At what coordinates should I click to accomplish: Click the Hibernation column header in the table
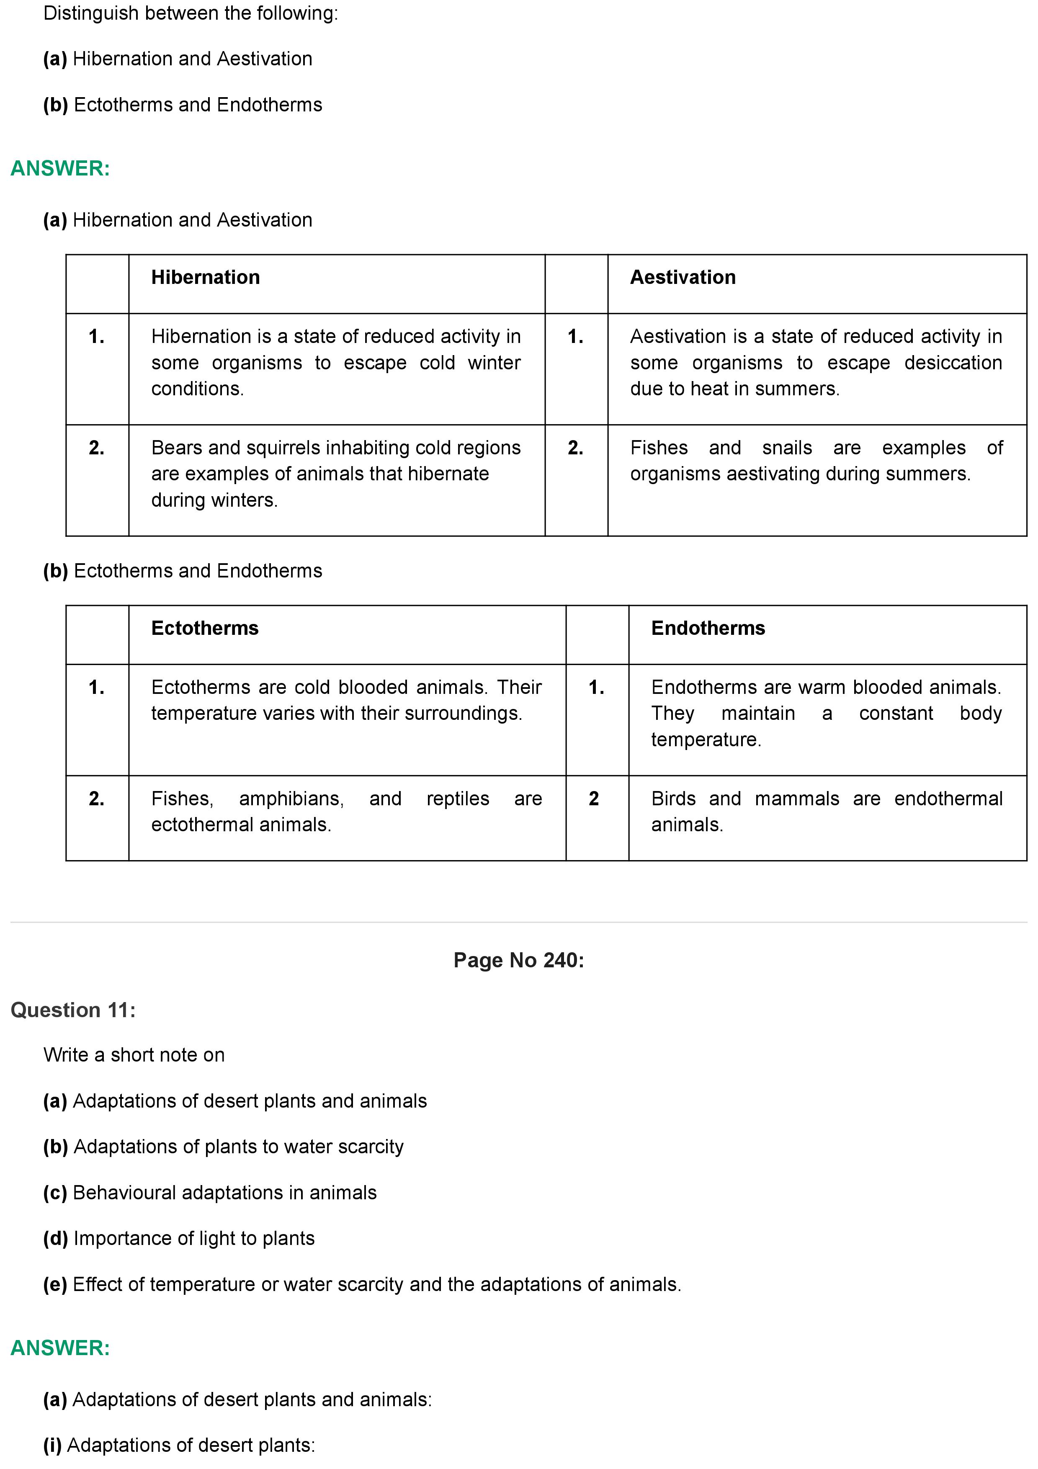click(x=205, y=278)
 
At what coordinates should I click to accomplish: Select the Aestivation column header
click(x=683, y=278)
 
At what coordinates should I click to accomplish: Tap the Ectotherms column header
click(x=205, y=628)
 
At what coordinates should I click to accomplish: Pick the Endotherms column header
click(x=708, y=628)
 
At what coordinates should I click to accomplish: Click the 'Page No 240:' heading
click(x=519, y=960)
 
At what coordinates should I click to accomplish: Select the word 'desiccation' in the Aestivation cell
click(x=953, y=363)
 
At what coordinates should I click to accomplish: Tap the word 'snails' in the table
click(x=787, y=448)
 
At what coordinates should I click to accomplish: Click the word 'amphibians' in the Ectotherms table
click(x=291, y=799)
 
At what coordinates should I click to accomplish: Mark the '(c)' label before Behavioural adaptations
click(x=55, y=1193)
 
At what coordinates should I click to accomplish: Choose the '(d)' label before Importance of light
click(x=55, y=1239)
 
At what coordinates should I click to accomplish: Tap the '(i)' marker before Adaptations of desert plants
click(x=52, y=1445)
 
